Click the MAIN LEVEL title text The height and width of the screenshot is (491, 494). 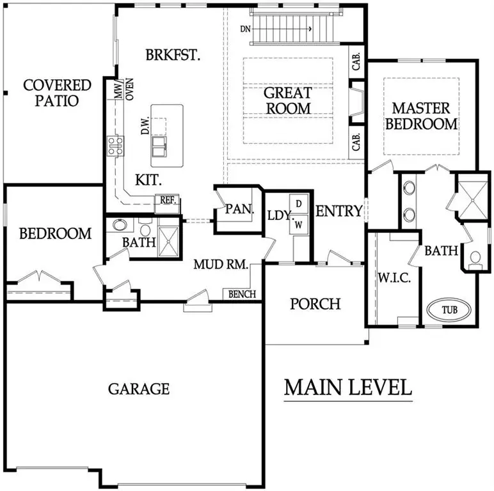(x=348, y=387)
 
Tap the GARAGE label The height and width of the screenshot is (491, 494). (x=138, y=388)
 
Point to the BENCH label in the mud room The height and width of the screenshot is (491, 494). (x=242, y=294)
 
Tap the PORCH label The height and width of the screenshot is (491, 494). (x=315, y=303)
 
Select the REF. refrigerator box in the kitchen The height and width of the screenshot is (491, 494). (x=168, y=200)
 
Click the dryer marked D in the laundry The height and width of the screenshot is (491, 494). (x=298, y=203)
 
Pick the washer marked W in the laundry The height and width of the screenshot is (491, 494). (x=298, y=224)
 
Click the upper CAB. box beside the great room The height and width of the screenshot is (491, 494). (x=357, y=62)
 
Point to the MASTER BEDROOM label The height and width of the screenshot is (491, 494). (x=421, y=116)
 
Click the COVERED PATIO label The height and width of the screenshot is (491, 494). (x=58, y=93)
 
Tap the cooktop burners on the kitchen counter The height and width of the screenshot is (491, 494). (x=116, y=146)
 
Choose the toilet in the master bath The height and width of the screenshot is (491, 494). (x=475, y=258)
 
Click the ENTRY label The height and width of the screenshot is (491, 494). (x=340, y=212)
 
